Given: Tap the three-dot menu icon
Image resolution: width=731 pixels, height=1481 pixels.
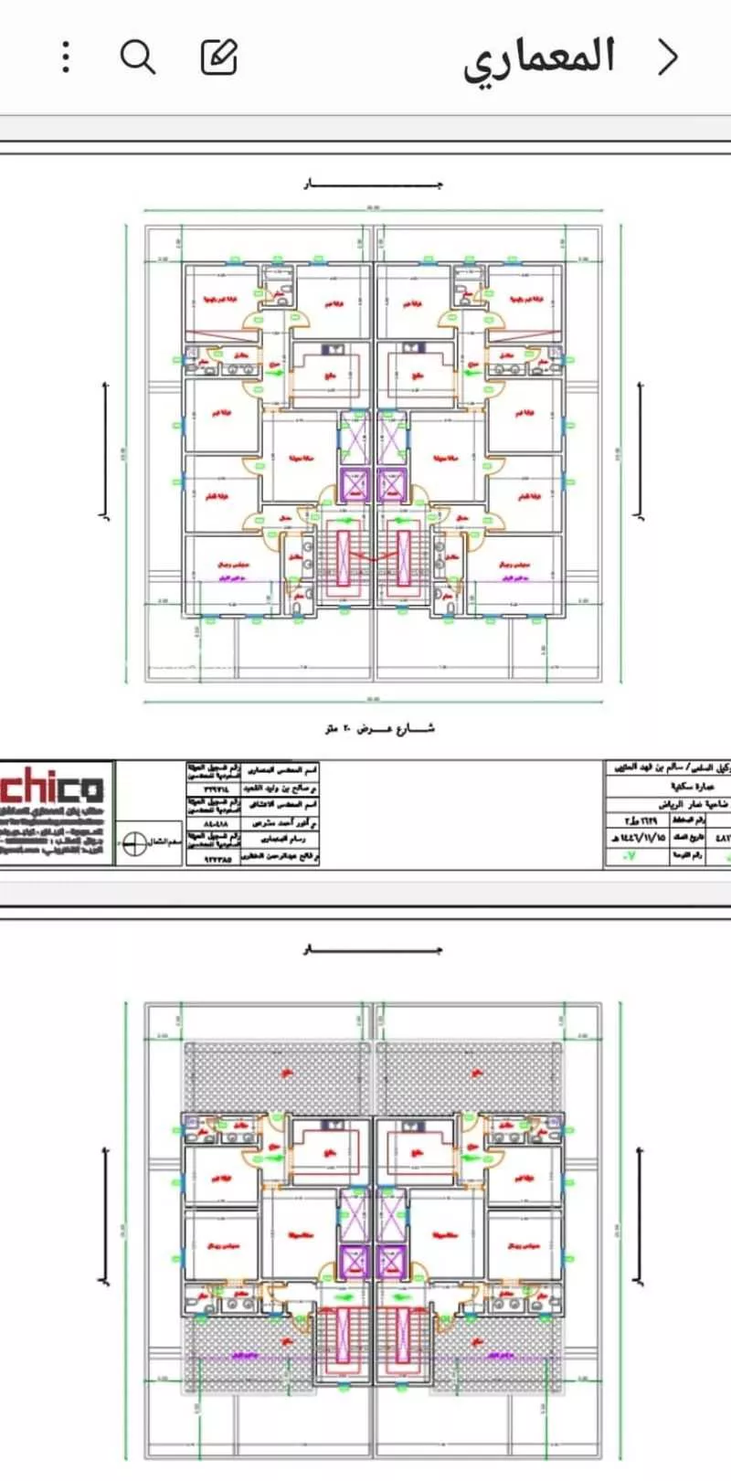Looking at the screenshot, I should coord(66,58).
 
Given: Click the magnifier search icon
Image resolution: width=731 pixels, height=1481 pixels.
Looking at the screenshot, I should coord(138,58).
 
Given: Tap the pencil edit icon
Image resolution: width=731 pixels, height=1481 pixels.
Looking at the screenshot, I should coord(219,58).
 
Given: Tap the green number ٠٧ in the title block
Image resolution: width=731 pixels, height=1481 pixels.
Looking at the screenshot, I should coord(629,857).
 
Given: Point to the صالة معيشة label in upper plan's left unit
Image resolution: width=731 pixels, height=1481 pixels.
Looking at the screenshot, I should coord(294,457).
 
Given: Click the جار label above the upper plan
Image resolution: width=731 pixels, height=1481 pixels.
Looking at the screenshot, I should coord(373,185).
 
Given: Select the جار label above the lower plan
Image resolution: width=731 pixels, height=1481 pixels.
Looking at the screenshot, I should coord(373,950).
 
